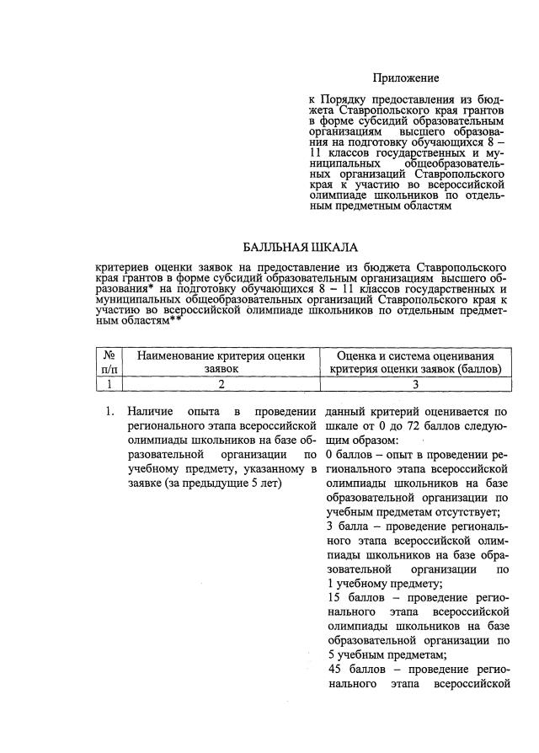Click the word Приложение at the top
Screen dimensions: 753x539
point(406,78)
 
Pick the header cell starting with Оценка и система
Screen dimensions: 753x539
point(416,361)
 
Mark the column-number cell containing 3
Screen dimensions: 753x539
point(416,384)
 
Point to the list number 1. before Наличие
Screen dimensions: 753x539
point(109,412)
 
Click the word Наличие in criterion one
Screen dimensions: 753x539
point(151,412)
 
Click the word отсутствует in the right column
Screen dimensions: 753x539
point(462,511)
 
